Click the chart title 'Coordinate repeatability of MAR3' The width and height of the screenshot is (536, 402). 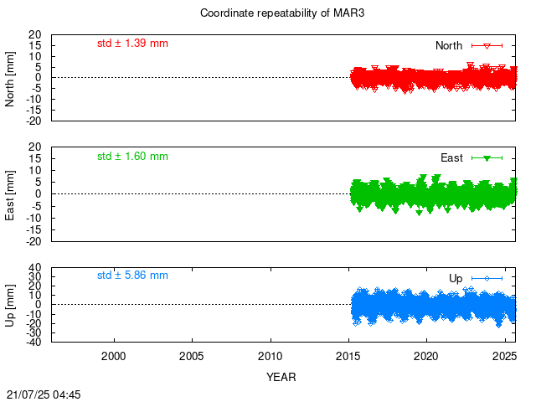tap(282, 13)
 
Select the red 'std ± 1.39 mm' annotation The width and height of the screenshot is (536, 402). tap(132, 44)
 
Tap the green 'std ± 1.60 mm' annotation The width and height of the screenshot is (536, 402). tap(132, 157)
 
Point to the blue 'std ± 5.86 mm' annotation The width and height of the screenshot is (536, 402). tap(132, 276)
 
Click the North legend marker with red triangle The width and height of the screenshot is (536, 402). tap(487, 46)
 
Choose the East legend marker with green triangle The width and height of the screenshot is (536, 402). tap(487, 158)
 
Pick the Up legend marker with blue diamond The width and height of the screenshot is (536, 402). tap(487, 279)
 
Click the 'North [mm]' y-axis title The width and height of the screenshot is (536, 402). tap(10, 79)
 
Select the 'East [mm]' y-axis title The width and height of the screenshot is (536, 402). tap(10, 195)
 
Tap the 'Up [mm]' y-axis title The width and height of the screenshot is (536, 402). tap(10, 305)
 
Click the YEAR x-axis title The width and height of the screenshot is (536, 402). tap(281, 377)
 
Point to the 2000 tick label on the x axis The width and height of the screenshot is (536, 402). tap(114, 356)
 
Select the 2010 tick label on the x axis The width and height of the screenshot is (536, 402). tap(270, 356)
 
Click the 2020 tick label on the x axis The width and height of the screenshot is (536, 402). tap(426, 356)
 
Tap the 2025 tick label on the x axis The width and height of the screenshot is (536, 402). tap(504, 356)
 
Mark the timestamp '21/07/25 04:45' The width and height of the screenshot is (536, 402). tap(44, 394)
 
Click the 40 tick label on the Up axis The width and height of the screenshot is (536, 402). tap(35, 267)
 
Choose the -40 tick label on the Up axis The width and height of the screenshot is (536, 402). tap(33, 342)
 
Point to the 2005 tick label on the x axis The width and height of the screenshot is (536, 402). tap(192, 356)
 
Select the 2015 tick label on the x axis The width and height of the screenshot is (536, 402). tap(348, 356)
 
